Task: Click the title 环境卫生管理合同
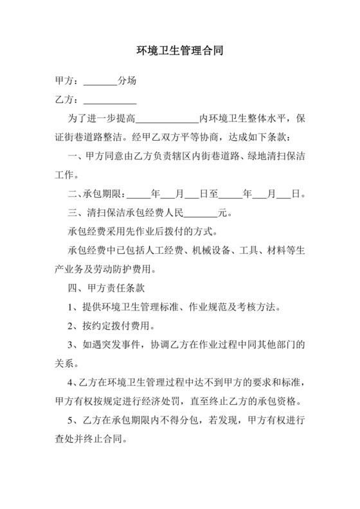coord(179,49)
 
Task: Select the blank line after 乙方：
coord(110,100)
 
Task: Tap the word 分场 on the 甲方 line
coord(127,82)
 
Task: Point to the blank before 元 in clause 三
coord(201,213)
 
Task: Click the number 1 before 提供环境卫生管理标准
coord(71,306)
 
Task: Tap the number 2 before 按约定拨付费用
coord(71,325)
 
